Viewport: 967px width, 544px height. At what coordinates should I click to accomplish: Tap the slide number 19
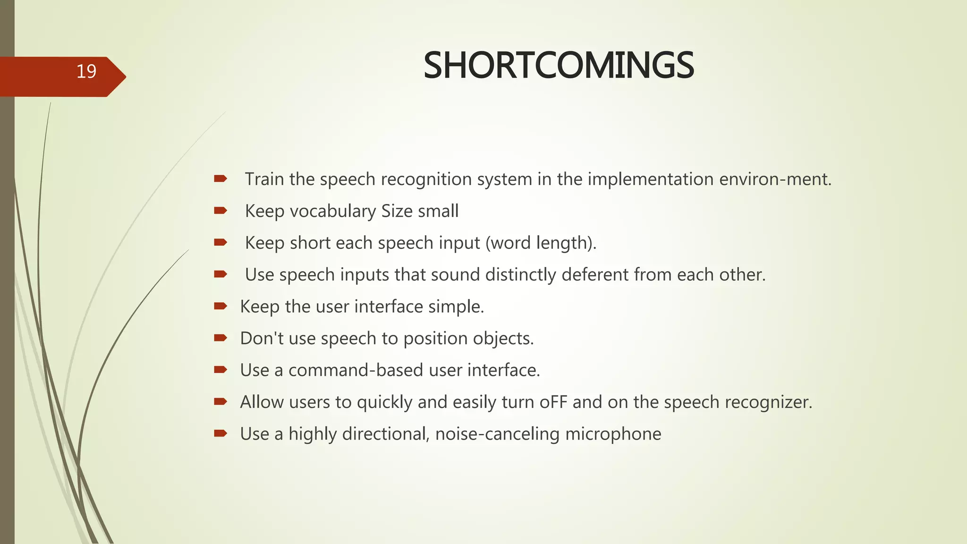coord(86,71)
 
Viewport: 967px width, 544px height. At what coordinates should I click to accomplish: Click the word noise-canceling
coord(497,434)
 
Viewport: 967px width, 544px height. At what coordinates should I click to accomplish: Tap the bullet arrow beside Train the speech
coord(221,178)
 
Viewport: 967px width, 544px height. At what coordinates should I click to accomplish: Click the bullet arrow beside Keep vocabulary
coord(221,211)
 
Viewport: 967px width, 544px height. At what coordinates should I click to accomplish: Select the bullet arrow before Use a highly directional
coord(221,433)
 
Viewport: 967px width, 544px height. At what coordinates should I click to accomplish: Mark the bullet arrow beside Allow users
coord(221,401)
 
